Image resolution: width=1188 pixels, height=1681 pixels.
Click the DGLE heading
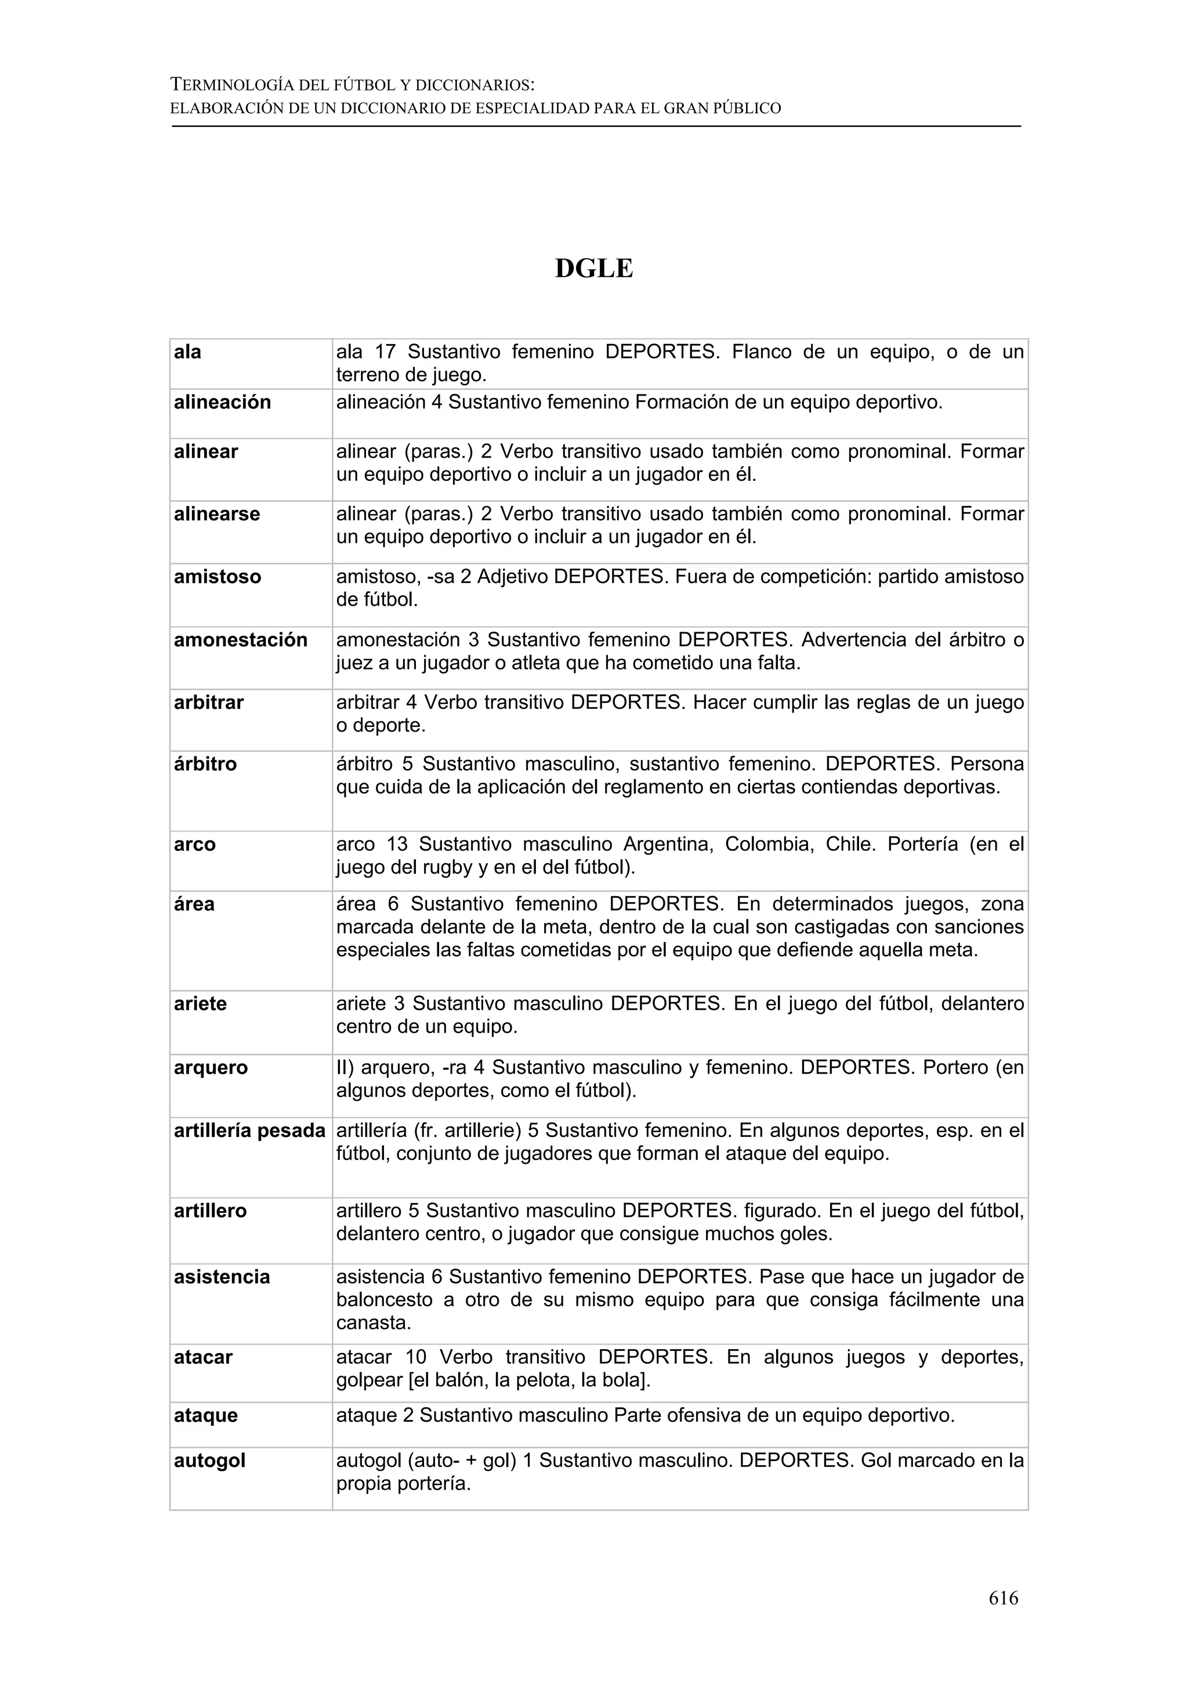(x=593, y=269)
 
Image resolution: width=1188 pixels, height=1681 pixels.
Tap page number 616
(x=1003, y=1597)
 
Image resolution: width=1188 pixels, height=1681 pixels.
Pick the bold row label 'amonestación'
(x=240, y=639)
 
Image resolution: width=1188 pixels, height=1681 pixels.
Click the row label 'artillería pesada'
(x=249, y=1131)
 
